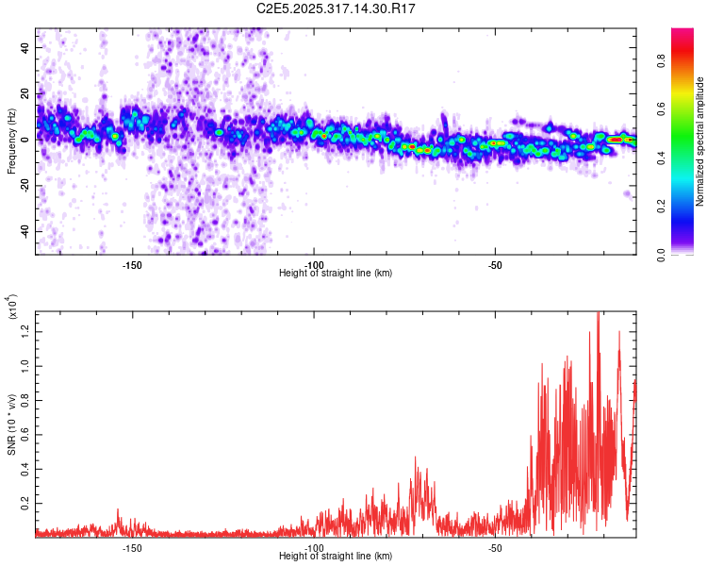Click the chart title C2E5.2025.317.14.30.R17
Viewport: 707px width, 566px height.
pyautogui.click(x=337, y=8)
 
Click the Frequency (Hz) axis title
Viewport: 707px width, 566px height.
pyautogui.click(x=11, y=141)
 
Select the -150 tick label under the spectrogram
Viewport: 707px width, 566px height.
pyautogui.click(x=132, y=265)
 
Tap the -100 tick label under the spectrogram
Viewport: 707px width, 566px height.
pyautogui.click(x=314, y=265)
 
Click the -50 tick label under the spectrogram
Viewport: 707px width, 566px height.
pyautogui.click(x=495, y=265)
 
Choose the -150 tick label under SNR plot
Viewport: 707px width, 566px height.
pyautogui.click(x=132, y=548)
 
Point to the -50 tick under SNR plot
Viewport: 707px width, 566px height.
pyautogui.click(x=495, y=548)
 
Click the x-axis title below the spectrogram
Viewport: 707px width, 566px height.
pyautogui.click(x=336, y=274)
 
